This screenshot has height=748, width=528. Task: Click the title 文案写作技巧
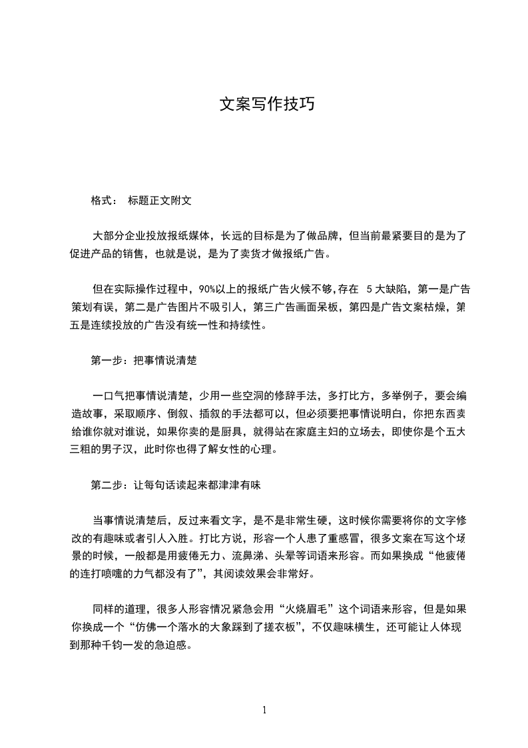266,105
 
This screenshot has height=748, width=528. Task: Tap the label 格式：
105,201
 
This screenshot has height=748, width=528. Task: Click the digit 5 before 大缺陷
368,290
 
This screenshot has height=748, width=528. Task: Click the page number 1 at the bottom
264,710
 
